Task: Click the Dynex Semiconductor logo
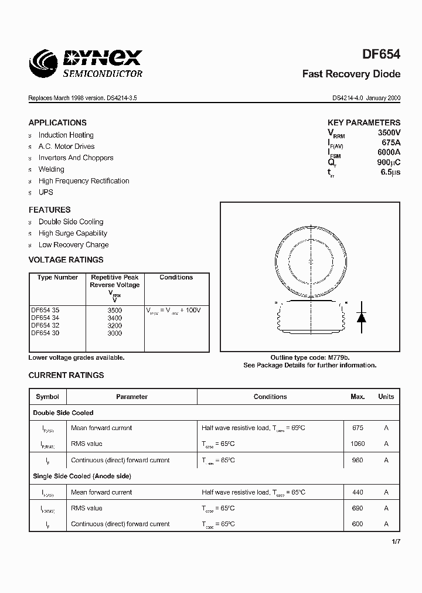point(87,62)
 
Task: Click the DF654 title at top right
point(382,54)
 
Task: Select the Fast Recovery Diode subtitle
point(351,74)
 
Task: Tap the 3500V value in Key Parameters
point(389,133)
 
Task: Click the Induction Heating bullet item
point(66,135)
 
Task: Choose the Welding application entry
point(52,169)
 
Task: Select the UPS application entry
point(46,192)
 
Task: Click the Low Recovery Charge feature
point(73,245)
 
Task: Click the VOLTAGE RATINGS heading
point(66,260)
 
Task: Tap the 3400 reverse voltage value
point(115,318)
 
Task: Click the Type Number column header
point(57,278)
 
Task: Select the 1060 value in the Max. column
point(358,444)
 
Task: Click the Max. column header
point(358,397)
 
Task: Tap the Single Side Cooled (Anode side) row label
point(82,476)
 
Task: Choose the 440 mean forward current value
point(358,492)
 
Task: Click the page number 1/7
point(396,542)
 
